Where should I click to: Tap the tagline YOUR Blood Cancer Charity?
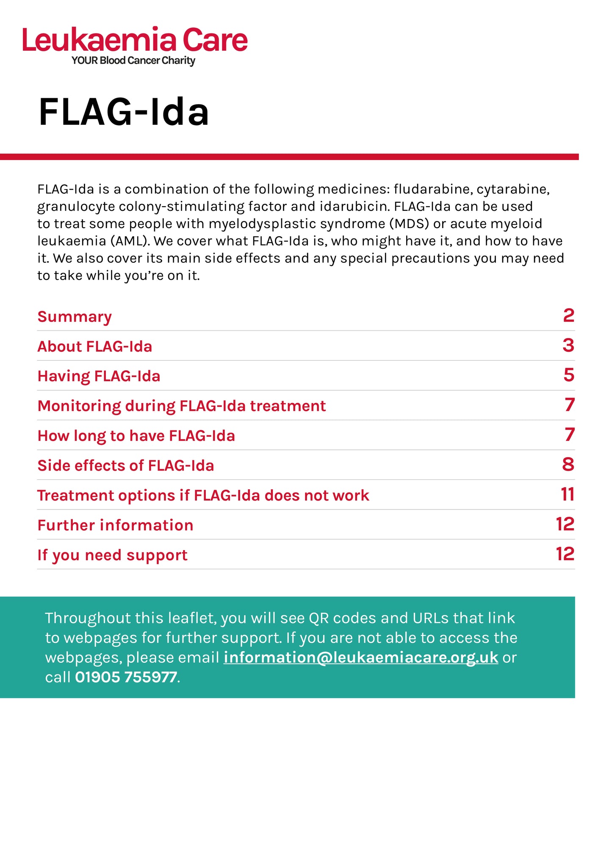pos(133,61)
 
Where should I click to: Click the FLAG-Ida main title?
pos(124,112)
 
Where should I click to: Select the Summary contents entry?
pos(75,317)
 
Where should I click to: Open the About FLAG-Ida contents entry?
pos(94,347)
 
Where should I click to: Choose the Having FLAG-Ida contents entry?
pos(99,376)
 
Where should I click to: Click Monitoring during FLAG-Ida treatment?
pos(181,406)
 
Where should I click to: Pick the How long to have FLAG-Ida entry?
pos(136,436)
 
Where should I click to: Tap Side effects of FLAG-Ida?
pos(125,466)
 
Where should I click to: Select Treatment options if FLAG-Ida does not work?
pos(203,496)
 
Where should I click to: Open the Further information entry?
pos(115,525)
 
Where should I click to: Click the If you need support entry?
pos(112,555)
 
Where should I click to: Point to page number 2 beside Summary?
pos(568,316)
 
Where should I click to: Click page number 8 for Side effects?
pos(568,465)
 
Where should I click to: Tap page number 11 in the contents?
pos(567,494)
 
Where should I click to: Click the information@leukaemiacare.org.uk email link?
pos(360,657)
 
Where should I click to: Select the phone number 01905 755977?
pos(126,677)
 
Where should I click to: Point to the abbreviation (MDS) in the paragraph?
pos(409,224)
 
